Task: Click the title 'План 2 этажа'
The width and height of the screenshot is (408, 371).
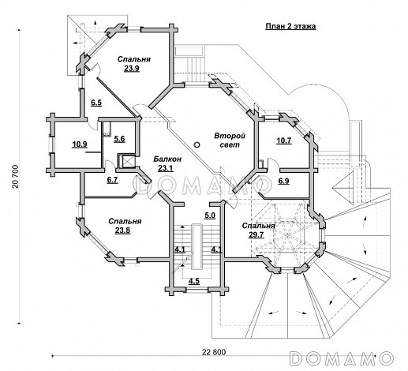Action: click(x=290, y=26)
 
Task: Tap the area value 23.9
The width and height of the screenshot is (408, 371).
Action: click(x=132, y=69)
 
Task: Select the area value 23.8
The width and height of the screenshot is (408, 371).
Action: click(x=122, y=230)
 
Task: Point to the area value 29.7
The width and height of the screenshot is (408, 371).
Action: click(x=256, y=234)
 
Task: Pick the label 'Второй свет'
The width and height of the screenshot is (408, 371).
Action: click(x=230, y=140)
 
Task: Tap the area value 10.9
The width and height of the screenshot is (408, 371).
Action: click(x=80, y=144)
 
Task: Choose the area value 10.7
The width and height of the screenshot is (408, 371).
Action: click(x=284, y=141)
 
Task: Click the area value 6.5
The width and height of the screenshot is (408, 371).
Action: click(x=96, y=103)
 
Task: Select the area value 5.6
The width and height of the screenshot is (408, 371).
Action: click(x=119, y=139)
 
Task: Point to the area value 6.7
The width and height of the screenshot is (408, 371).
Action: click(x=112, y=180)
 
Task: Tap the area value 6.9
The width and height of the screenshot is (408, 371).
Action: click(x=283, y=181)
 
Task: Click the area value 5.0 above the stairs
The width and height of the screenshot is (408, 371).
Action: click(x=210, y=215)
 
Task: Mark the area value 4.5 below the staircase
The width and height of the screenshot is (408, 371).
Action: click(x=194, y=281)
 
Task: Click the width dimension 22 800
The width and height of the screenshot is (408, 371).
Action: click(x=214, y=352)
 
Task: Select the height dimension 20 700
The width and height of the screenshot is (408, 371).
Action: click(x=15, y=177)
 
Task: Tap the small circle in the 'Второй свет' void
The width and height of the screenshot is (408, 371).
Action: click(x=197, y=144)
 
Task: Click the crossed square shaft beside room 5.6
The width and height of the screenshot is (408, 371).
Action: click(x=127, y=161)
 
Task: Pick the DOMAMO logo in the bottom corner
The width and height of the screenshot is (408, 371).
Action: click(x=342, y=358)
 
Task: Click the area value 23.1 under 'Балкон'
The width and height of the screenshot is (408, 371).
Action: click(x=166, y=168)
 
